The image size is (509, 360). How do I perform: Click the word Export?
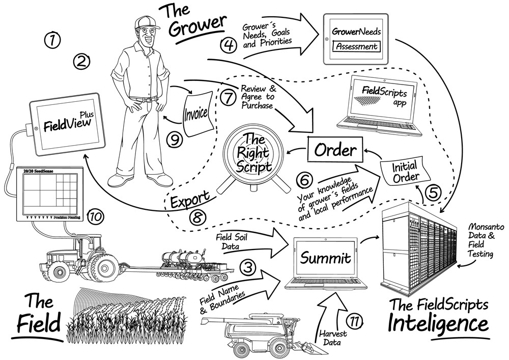coord(190,198)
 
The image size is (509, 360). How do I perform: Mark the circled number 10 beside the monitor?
coord(96,216)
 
